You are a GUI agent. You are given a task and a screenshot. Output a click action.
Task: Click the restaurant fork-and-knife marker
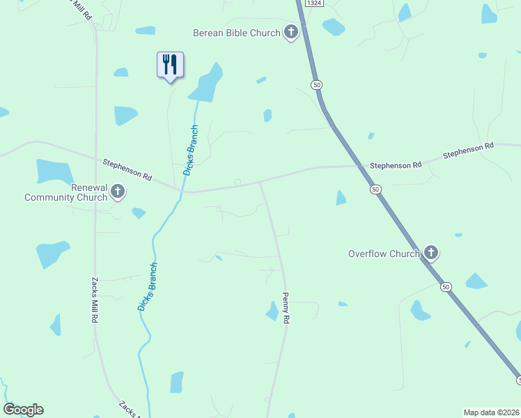(x=170, y=65)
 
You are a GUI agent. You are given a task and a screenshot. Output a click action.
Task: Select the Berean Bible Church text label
(x=237, y=33)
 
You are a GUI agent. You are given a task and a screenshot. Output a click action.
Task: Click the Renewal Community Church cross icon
(x=118, y=191)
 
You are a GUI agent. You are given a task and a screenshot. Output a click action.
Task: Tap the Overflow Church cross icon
(x=431, y=252)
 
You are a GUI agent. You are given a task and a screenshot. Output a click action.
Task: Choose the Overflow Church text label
(x=384, y=254)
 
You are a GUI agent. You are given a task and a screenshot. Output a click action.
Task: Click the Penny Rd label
(x=286, y=307)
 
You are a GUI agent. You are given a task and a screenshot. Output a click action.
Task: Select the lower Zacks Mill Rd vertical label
(x=94, y=300)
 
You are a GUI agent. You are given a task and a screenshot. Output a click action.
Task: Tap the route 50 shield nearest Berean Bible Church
(x=317, y=84)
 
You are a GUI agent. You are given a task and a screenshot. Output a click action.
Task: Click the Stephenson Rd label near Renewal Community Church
(x=127, y=171)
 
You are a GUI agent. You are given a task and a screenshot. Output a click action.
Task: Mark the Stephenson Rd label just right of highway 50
(x=396, y=166)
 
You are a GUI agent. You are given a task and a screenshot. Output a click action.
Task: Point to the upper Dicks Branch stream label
(x=191, y=150)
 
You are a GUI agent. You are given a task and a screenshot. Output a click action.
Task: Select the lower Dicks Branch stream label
(x=148, y=286)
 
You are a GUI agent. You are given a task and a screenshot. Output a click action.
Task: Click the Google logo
(x=23, y=410)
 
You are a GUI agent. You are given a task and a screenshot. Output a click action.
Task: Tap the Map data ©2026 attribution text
(x=491, y=412)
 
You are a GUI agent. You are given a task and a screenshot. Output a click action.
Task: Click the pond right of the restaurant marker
(x=206, y=84)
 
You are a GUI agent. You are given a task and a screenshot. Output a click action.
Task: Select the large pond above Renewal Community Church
(x=54, y=171)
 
